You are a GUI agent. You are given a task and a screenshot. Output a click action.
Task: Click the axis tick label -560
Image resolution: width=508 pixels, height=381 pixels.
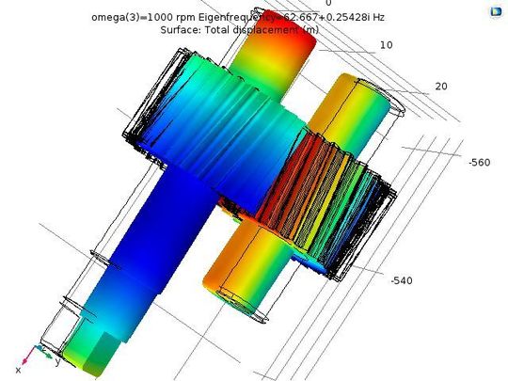480,162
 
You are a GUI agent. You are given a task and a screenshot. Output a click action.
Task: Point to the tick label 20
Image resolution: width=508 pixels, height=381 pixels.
441,87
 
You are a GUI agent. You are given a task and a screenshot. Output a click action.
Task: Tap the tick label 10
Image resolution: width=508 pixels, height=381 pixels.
387,45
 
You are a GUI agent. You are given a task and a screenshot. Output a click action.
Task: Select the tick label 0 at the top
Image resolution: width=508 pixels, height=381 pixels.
328,4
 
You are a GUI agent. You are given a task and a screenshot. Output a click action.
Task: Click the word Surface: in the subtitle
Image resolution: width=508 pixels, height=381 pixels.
183,29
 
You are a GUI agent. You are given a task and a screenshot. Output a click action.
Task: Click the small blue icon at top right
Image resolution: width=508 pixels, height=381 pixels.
495,12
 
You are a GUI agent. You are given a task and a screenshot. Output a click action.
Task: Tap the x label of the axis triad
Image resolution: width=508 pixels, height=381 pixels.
18,371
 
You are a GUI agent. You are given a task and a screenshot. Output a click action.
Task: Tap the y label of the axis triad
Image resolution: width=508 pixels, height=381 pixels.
57,360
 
